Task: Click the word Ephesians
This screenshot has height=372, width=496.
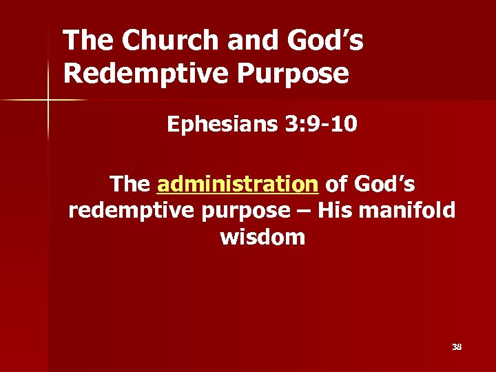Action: [x=221, y=126]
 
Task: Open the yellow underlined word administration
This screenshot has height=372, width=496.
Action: [x=238, y=184]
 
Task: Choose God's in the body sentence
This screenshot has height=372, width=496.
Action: [x=384, y=184]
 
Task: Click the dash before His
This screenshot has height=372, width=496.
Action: [x=304, y=210]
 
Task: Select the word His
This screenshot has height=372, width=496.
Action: [x=335, y=209]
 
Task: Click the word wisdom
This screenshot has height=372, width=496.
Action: [x=262, y=237]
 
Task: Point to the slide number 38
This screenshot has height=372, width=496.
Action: [x=457, y=347]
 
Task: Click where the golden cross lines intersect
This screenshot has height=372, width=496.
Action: [x=48, y=100]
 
